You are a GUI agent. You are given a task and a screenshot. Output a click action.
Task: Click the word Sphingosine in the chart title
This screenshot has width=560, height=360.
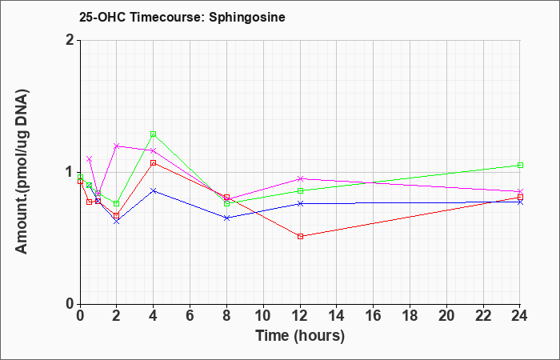(246, 18)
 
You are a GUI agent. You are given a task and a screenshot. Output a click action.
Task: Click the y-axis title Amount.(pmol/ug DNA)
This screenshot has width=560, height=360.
(22, 172)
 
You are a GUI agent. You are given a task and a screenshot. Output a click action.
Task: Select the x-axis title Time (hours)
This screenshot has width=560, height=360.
(300, 336)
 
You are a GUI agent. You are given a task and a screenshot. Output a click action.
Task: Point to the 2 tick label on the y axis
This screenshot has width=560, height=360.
(70, 40)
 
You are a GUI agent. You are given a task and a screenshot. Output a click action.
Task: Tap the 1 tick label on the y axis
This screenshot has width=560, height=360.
(70, 172)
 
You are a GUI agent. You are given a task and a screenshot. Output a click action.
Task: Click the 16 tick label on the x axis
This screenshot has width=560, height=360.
(374, 316)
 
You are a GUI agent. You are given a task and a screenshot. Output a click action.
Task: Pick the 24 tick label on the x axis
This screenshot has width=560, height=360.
(520, 316)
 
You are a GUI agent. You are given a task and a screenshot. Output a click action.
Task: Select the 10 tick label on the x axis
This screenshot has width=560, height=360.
(263, 316)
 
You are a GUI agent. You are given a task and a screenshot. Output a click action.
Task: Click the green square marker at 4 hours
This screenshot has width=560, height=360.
(154, 134)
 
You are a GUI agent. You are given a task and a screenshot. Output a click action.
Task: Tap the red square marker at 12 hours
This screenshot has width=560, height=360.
(300, 236)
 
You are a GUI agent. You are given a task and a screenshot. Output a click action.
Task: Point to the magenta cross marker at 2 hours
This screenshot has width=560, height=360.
(117, 146)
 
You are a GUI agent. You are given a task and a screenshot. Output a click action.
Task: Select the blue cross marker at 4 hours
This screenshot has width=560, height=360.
(154, 190)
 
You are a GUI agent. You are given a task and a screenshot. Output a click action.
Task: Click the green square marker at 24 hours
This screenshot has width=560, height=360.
(520, 165)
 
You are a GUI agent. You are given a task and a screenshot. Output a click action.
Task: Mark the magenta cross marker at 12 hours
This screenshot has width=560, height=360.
(300, 178)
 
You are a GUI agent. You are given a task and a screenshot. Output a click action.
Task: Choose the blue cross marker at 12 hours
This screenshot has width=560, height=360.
(300, 203)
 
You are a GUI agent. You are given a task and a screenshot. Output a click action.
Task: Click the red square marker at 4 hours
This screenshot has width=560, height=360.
(154, 163)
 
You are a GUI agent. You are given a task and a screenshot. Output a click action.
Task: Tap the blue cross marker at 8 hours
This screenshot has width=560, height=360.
(226, 218)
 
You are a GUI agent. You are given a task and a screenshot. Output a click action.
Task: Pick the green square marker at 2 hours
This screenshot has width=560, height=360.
(117, 203)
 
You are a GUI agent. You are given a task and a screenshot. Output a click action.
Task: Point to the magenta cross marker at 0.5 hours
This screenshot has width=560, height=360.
(90, 159)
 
